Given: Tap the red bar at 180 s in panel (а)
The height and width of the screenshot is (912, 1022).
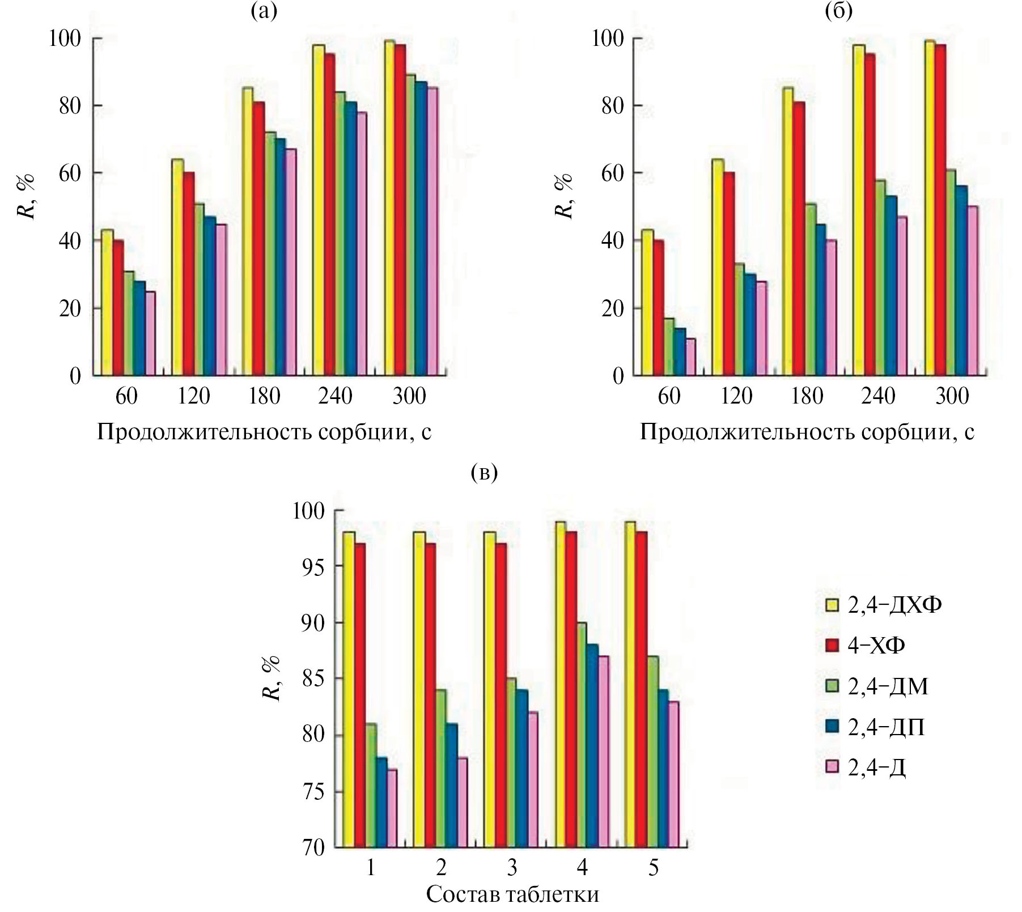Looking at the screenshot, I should tap(258, 238).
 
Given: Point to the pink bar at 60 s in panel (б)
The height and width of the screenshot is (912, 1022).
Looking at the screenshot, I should tap(690, 357).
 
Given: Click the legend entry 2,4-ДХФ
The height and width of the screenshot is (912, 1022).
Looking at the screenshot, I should tap(894, 605).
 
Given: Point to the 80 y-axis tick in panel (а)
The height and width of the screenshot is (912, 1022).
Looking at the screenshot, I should tap(71, 105).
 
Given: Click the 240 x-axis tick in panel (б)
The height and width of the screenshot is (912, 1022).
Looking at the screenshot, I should tap(878, 396).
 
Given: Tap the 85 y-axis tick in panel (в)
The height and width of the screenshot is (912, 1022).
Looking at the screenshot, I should tap(313, 678).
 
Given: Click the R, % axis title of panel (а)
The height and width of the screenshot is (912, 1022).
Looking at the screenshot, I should tap(27, 196).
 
